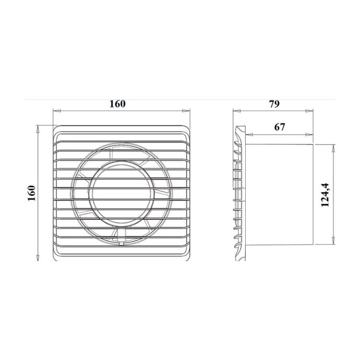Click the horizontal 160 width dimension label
point(118,104)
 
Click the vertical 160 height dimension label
point(32,193)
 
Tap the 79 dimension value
point(275,104)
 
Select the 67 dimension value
point(280,127)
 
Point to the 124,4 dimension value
point(325,195)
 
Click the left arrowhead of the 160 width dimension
point(57,111)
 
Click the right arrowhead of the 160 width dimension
point(186,111)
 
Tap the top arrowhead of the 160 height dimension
point(38,129)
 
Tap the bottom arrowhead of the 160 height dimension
point(38,257)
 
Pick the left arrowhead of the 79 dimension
point(237,111)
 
